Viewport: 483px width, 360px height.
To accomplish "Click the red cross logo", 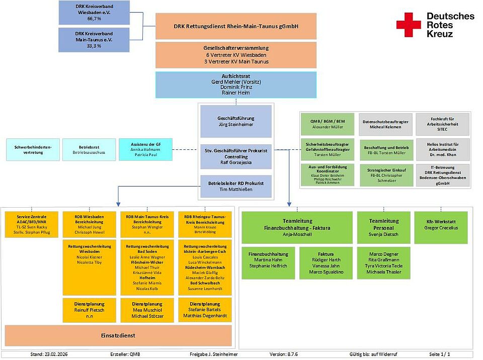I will pos(408,25).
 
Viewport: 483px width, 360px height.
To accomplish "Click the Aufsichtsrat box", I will pos(236,84).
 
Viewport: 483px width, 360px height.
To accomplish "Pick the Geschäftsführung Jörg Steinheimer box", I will pos(236,121).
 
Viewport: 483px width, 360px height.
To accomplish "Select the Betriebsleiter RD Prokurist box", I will pos(236,186).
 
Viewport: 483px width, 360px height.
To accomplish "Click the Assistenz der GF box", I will pos(145,150).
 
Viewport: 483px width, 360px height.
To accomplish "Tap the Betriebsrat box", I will pos(89,149).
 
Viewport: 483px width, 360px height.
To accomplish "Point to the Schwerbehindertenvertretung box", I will pos(33,149).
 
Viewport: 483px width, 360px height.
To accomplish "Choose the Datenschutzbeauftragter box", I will pos(385,124).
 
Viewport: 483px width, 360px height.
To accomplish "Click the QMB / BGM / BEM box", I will pos(328,124).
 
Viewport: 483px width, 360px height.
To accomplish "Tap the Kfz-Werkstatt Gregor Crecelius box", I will pos(441,227).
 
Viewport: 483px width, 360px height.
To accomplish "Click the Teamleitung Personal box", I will pos(384,227).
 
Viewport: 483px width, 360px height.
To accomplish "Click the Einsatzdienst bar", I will pos(118,335).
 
